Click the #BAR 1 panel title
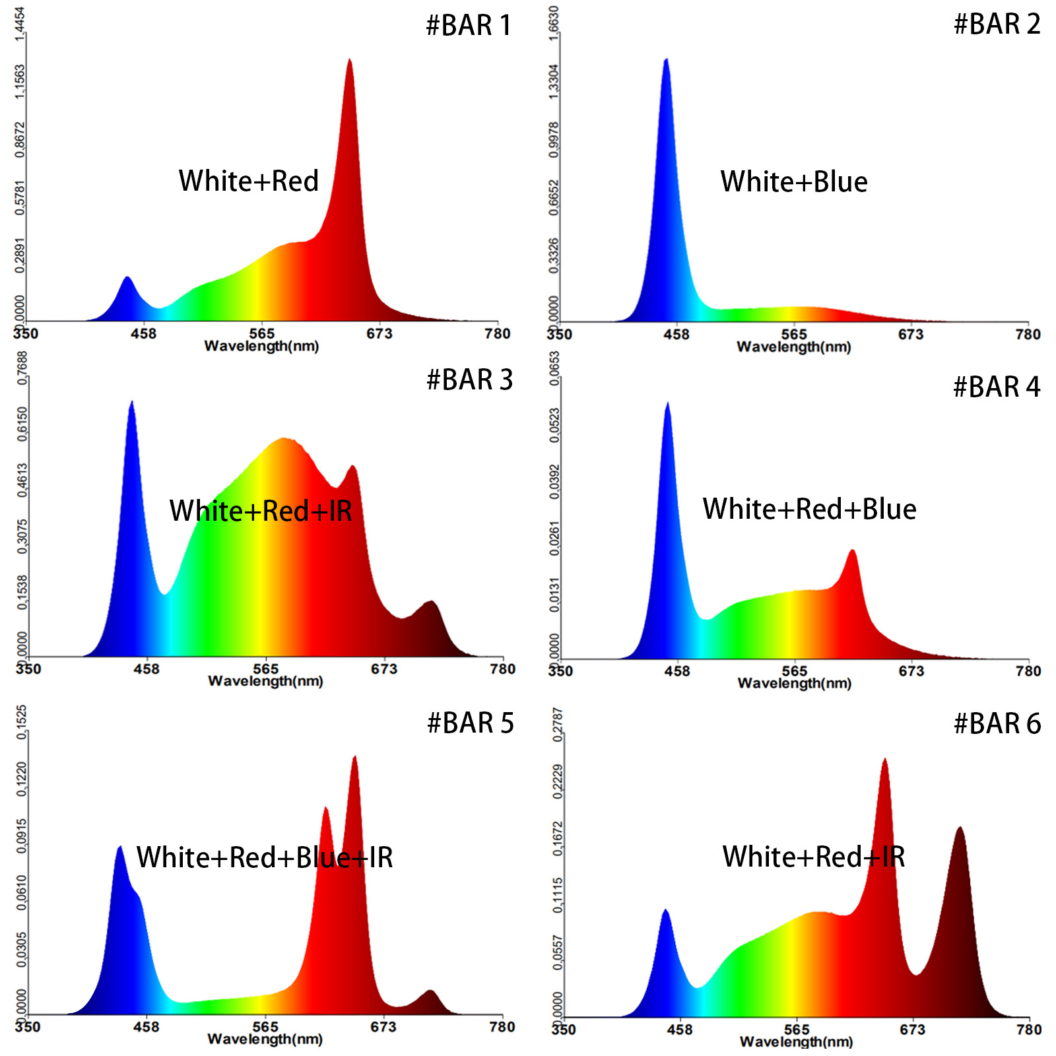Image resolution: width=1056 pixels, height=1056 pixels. click(469, 26)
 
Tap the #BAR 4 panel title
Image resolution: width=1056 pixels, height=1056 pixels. click(997, 387)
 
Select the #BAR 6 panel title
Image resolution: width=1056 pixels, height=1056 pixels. click(997, 724)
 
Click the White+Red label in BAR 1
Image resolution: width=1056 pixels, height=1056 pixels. click(249, 181)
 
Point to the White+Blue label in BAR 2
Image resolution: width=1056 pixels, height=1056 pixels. click(794, 182)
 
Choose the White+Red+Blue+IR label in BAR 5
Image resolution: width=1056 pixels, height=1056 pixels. click(265, 858)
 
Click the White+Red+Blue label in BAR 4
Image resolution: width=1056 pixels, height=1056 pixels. click(810, 510)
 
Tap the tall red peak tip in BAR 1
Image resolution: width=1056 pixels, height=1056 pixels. click(349, 61)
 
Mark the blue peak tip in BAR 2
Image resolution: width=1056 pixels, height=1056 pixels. click(667, 60)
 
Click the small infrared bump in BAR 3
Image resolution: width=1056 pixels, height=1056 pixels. click(432, 602)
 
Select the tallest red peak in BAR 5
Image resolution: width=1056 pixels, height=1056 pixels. click(355, 757)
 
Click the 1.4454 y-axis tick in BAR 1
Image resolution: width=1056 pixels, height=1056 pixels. click(20, 24)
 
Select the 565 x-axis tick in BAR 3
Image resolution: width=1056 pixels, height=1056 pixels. click(265, 669)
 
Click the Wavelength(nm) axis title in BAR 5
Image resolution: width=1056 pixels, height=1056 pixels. click(265, 1039)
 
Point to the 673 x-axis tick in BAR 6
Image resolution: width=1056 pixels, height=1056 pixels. click(913, 1030)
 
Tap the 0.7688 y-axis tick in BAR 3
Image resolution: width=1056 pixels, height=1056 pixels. click(22, 368)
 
